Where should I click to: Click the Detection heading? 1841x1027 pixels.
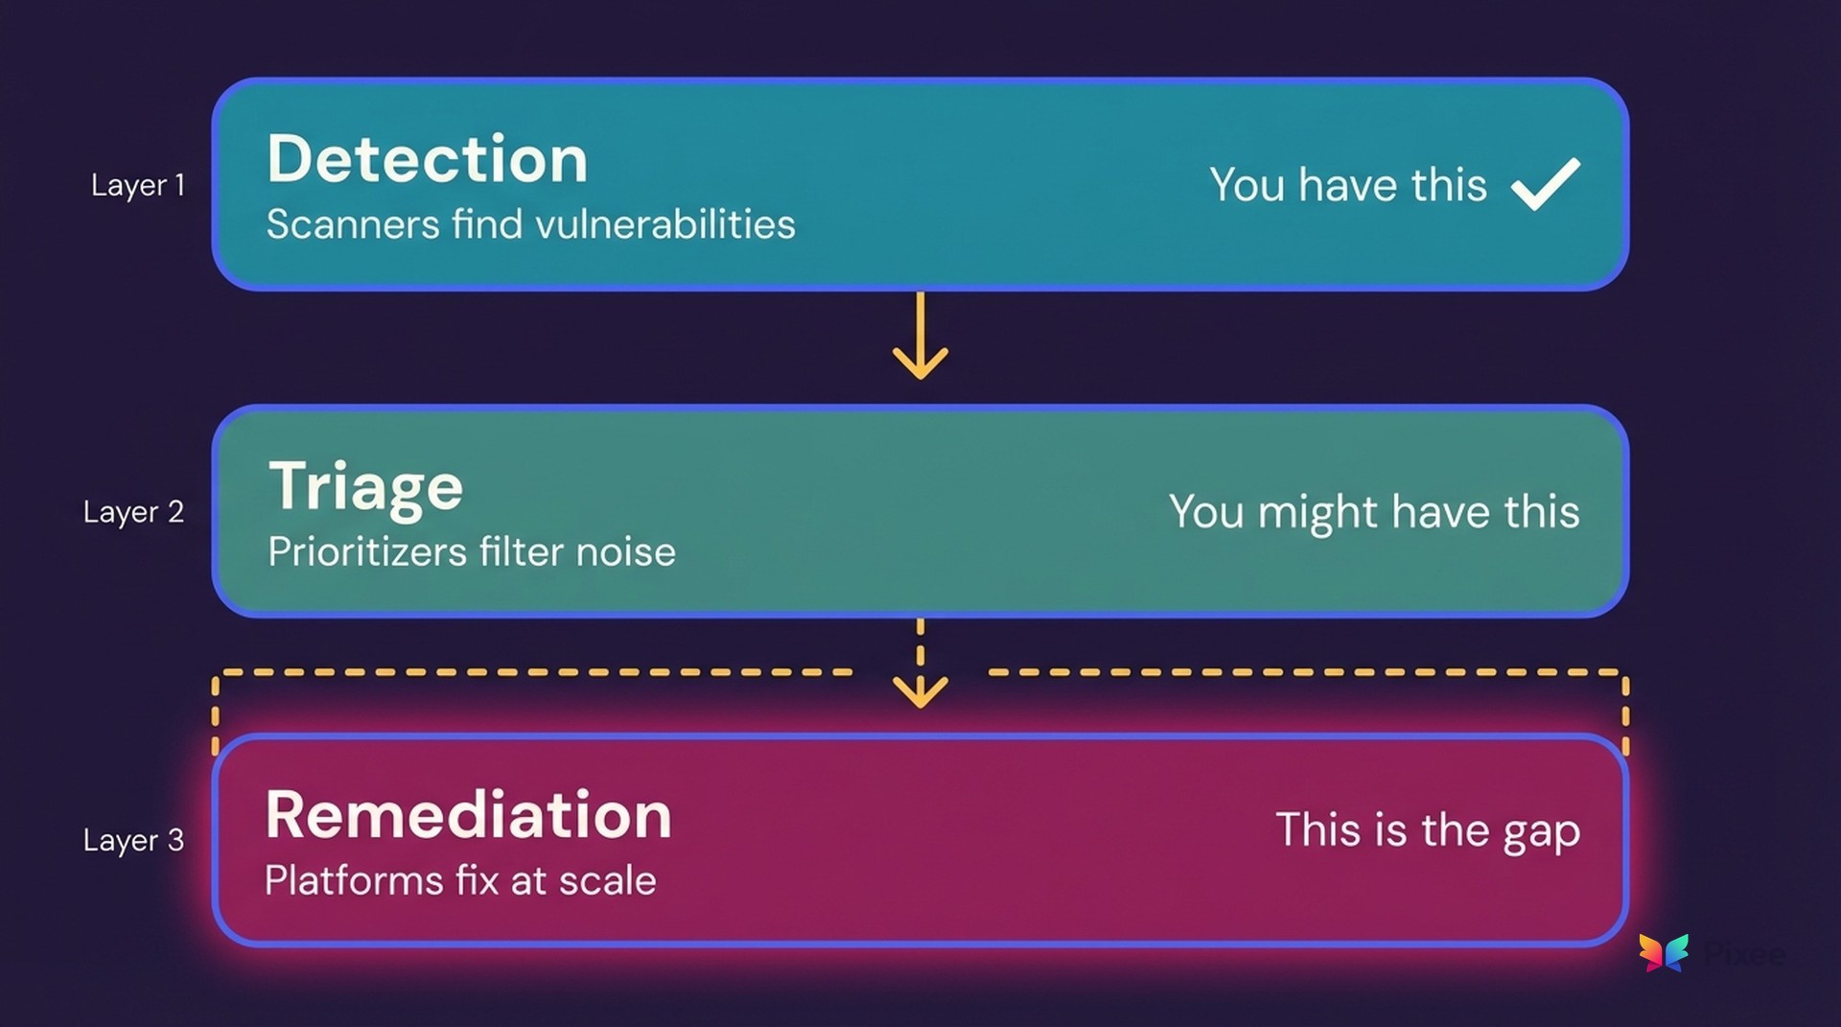(427, 159)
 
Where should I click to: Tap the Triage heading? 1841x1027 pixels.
(365, 487)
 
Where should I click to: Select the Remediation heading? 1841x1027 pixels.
(468, 815)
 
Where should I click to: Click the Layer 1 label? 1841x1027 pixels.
(137, 185)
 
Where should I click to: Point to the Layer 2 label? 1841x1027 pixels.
(133, 512)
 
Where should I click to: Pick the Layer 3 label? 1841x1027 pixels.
(133, 840)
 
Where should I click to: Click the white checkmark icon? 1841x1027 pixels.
(1545, 183)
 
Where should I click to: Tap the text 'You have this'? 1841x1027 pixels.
(1347, 185)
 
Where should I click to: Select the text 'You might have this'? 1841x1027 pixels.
(1373, 512)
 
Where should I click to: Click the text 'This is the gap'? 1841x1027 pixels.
(1427, 830)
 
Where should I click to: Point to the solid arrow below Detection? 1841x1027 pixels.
(920, 336)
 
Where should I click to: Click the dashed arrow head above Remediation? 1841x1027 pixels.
(920, 689)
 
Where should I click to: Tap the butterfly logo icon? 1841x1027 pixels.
(1664, 952)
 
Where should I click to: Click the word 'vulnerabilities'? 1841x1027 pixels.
(664, 224)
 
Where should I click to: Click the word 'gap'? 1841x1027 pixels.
(1541, 832)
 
